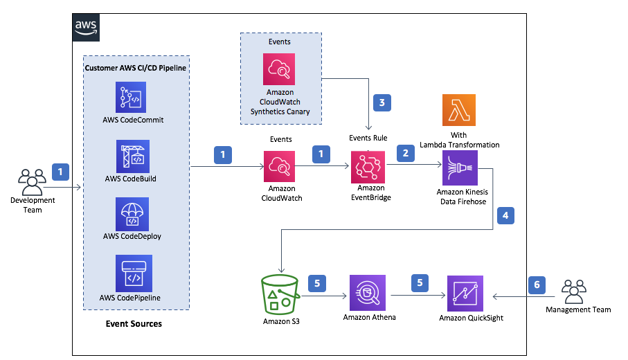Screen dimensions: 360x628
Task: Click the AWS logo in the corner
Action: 86,26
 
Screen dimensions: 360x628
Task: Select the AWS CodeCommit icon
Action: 134,99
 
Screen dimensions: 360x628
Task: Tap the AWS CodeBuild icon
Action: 134,157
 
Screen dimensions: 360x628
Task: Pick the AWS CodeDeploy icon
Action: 134,215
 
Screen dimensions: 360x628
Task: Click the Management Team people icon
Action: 573,291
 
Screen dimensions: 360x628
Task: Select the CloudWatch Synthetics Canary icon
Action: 279,70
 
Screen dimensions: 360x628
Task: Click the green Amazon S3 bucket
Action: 280,295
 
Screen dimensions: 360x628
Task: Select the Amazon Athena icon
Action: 368,294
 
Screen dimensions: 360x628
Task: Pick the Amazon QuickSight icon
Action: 465,294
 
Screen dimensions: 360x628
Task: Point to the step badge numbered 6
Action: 536,284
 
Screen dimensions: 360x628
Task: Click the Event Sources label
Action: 134,323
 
